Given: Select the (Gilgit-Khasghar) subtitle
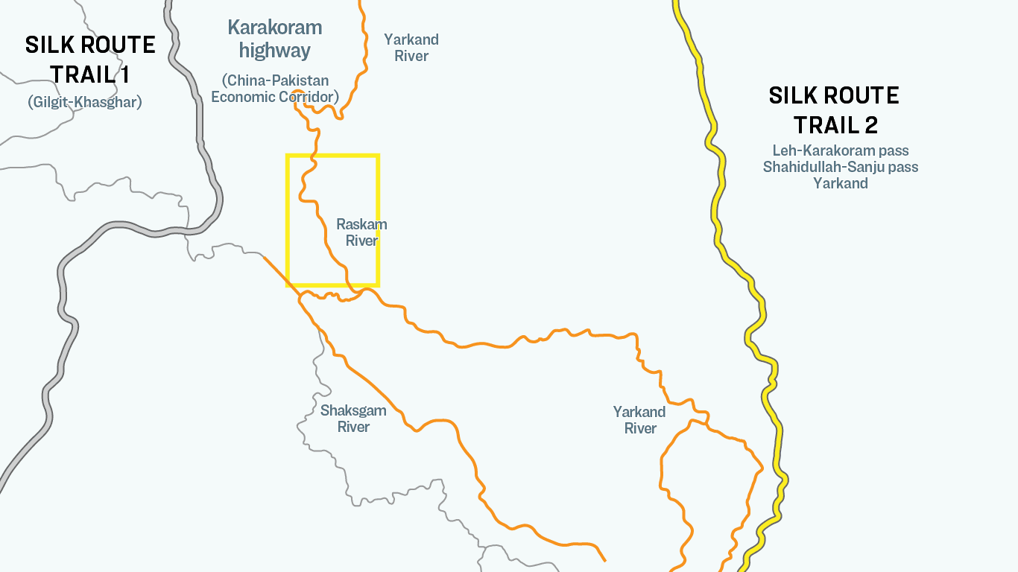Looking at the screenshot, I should (x=84, y=102).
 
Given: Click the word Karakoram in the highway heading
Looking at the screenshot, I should (x=274, y=28).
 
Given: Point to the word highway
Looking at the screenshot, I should (x=274, y=51).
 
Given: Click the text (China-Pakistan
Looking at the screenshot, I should (x=275, y=80).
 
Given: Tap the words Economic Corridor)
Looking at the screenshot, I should (x=275, y=97).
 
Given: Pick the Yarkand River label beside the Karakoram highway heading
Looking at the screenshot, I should (x=411, y=48).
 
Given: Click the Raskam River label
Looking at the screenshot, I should (x=361, y=232).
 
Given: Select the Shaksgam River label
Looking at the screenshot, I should (x=353, y=419).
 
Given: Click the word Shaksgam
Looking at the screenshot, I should (x=353, y=410).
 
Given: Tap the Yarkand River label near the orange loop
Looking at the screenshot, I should (x=639, y=420).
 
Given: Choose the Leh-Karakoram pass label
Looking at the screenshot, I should (x=841, y=151).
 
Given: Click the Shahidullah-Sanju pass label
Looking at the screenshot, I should (x=841, y=167).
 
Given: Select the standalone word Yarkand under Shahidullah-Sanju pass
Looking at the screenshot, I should (x=841, y=183).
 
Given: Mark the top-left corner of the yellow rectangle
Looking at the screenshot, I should (x=288, y=156).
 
